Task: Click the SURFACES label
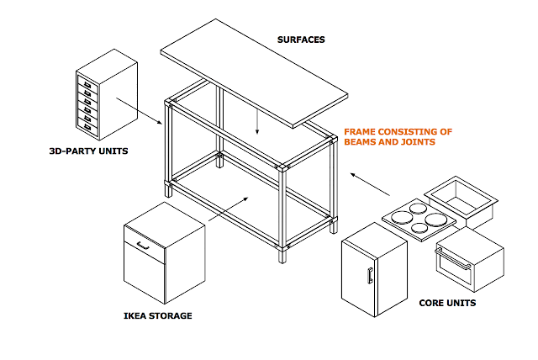(x=301, y=40)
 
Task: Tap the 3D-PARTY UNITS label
(x=88, y=151)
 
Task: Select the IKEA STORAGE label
(x=158, y=315)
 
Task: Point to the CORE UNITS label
(x=447, y=303)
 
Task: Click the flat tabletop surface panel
(x=254, y=73)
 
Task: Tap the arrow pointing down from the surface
(x=257, y=122)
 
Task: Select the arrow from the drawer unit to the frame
(x=139, y=111)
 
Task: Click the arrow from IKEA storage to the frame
(x=229, y=209)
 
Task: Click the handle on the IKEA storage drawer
(x=143, y=246)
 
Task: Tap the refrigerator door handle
(x=370, y=276)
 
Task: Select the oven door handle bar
(x=453, y=259)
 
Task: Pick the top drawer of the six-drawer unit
(x=87, y=84)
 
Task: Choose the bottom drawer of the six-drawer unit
(x=87, y=127)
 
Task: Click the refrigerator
(x=374, y=270)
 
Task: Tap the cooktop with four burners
(x=419, y=220)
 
